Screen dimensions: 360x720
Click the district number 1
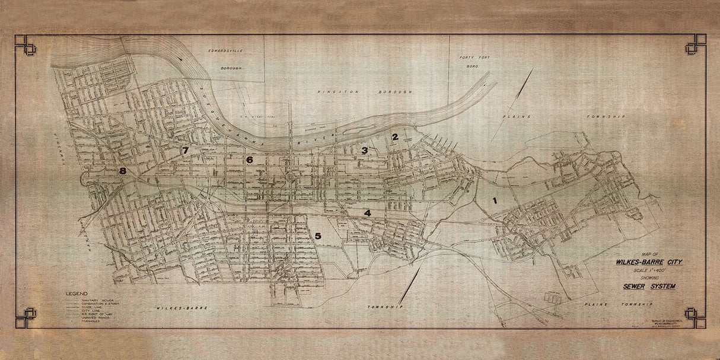pos(494,201)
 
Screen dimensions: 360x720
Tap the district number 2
pos(394,137)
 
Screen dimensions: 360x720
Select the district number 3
pos(365,151)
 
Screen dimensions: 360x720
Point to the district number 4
pos(367,213)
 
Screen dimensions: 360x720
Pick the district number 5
pos(318,236)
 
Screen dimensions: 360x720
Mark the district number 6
pos(250,160)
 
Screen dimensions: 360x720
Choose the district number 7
pos(186,151)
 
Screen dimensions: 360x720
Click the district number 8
pos(123,171)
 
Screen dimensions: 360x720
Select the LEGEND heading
pos(77,294)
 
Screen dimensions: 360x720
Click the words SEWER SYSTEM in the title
pos(649,286)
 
